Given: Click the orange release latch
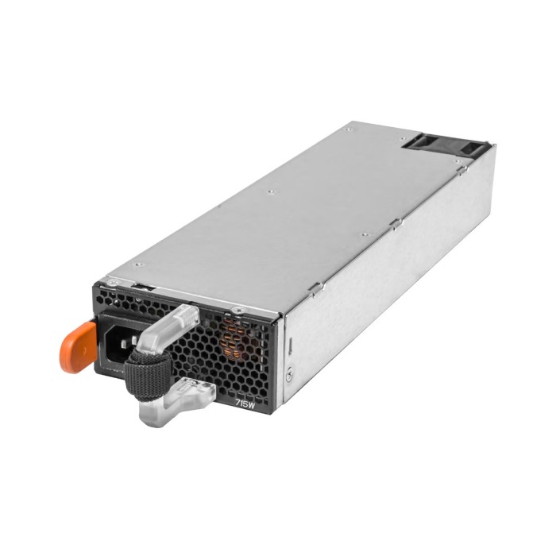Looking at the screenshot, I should coord(76,340).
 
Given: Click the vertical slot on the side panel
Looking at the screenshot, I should coord(289,346).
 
